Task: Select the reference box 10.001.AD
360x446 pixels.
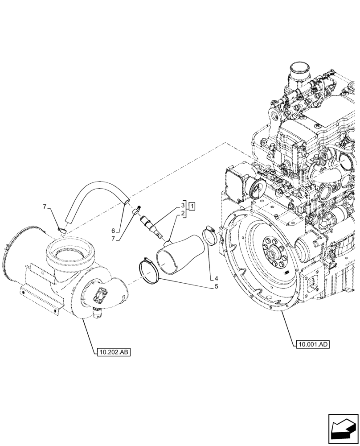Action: click(x=311, y=344)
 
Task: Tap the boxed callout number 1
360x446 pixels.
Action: click(x=191, y=206)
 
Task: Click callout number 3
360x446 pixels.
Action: click(x=183, y=205)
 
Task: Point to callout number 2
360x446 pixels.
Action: click(x=183, y=215)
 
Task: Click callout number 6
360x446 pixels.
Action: click(x=113, y=231)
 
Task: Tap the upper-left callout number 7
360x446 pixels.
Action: click(x=45, y=206)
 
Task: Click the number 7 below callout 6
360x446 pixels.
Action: click(x=113, y=240)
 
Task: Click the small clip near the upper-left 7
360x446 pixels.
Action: click(x=62, y=230)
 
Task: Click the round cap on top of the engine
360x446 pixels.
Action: click(x=298, y=71)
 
